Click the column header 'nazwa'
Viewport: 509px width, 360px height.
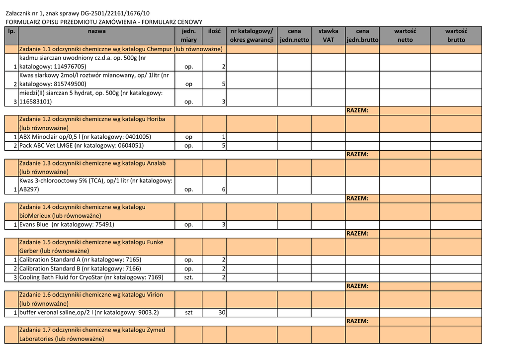click(x=96, y=31)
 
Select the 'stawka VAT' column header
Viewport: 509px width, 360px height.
click(x=328, y=35)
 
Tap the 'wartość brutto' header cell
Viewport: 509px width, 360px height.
click(x=456, y=35)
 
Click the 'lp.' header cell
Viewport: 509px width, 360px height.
click(x=11, y=31)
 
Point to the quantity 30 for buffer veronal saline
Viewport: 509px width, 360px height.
click(x=222, y=313)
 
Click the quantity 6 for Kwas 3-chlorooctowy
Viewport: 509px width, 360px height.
click(x=224, y=189)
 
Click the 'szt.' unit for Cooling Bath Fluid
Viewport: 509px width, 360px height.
click(x=188, y=277)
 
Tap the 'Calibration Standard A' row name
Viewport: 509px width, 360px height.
click(x=80, y=260)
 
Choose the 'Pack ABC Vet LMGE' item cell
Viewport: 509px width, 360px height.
click(x=82, y=146)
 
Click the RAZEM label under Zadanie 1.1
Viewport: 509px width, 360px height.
click(x=357, y=110)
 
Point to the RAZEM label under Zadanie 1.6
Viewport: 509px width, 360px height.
click(x=357, y=321)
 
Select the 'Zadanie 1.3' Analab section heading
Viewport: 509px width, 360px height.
click(x=92, y=168)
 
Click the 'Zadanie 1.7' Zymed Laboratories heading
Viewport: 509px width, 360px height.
click(x=92, y=334)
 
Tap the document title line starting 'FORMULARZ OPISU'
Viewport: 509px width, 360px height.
click(x=104, y=22)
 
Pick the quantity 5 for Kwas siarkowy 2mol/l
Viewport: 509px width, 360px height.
click(x=224, y=84)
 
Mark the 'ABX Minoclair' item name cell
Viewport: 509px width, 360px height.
click(x=85, y=137)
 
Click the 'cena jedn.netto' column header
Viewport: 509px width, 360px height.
click(x=294, y=35)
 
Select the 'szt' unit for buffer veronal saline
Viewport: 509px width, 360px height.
click(x=188, y=313)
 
